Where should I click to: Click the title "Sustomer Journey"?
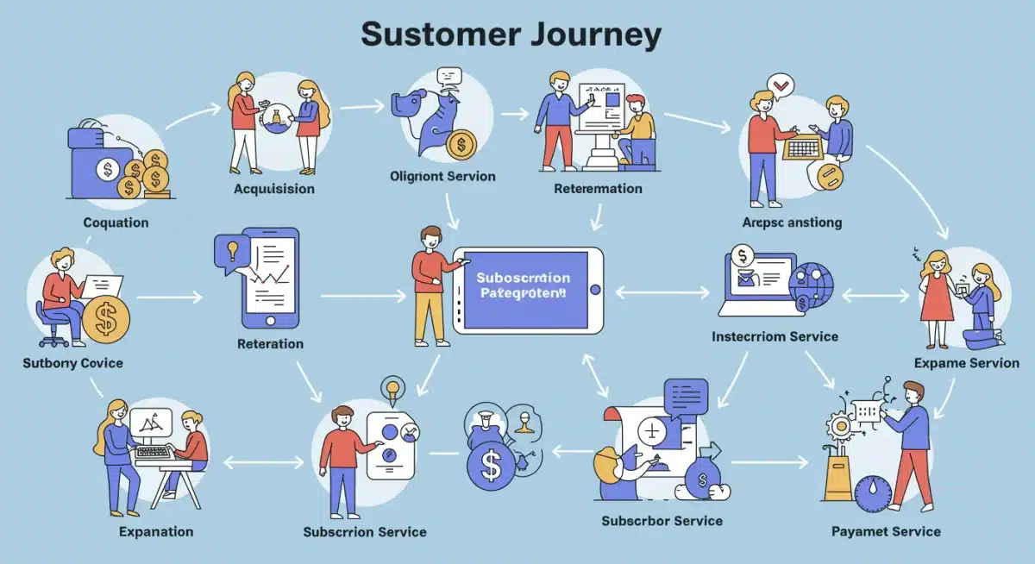511,35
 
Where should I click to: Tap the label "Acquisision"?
274,188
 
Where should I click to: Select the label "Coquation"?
116,222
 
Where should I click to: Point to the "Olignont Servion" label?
442,176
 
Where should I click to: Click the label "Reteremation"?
598,188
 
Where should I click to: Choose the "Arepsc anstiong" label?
792,222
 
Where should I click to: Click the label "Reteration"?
270,343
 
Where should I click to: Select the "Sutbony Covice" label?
72,363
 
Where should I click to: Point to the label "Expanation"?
156,531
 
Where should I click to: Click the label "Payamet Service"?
886,531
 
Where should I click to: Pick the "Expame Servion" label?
966,363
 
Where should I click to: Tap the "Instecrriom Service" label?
775,335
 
